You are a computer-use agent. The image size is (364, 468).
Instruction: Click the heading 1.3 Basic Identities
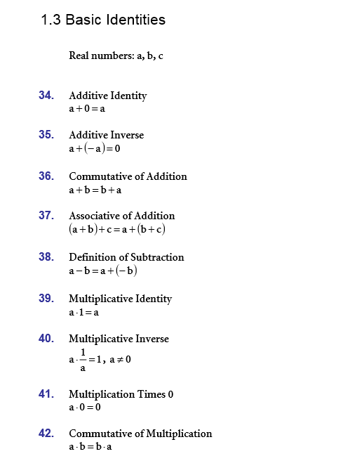103,20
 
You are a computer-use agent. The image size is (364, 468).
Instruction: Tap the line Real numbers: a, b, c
116,56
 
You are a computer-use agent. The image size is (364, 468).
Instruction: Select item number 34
46,95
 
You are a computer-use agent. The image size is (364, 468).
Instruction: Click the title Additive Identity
107,96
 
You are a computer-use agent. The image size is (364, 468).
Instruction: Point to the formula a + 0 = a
87,109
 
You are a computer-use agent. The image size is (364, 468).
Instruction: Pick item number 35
46,134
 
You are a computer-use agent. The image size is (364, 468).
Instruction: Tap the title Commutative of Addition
128,176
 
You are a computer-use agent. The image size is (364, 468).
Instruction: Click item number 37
46,215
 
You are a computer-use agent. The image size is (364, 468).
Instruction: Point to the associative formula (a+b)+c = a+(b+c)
117,229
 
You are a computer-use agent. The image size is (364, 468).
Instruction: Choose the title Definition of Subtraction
126,257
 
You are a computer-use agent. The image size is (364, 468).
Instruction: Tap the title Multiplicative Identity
120,299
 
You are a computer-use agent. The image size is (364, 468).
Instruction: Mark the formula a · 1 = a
83,312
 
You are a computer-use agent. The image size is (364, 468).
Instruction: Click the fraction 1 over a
83,359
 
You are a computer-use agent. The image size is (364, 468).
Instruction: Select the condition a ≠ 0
119,359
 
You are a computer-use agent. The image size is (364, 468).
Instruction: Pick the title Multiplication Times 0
121,394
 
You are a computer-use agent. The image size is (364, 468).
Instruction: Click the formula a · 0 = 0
85,408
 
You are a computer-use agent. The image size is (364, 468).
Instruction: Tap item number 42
46,433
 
